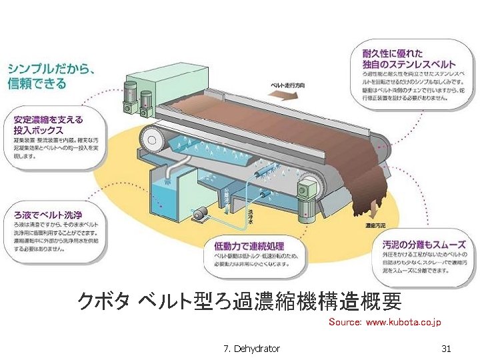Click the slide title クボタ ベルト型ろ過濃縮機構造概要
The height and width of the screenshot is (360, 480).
[x=239, y=301]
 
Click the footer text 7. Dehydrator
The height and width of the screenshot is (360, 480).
[x=252, y=349]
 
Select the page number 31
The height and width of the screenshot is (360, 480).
[x=446, y=349]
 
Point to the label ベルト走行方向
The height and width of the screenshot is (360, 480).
[x=287, y=86]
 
